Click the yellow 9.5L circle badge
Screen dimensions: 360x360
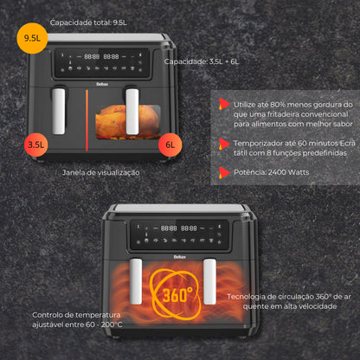(x=32, y=38)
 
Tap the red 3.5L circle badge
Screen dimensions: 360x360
(x=35, y=145)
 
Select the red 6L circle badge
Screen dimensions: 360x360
(x=170, y=145)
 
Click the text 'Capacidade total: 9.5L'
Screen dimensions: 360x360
(x=88, y=22)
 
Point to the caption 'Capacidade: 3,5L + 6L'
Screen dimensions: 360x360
(x=202, y=61)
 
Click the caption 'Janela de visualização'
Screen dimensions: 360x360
(x=101, y=172)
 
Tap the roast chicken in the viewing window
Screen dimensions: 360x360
(x=128, y=122)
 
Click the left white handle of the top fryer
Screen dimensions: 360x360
(x=59, y=111)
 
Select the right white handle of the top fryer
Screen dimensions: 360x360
(x=132, y=112)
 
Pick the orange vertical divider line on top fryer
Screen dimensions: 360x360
(x=87, y=120)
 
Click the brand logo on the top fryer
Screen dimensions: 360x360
(x=102, y=84)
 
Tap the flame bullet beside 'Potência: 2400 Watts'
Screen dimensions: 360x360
(x=223, y=172)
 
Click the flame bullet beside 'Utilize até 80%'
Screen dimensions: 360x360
(x=223, y=104)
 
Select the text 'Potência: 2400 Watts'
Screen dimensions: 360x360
(x=271, y=172)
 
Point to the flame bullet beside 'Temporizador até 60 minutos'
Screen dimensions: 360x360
(x=223, y=144)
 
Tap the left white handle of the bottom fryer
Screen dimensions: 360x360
(x=136, y=281)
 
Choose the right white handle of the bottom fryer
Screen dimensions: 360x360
(x=209, y=281)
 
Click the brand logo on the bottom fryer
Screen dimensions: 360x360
(x=179, y=257)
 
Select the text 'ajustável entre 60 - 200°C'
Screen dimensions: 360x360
(x=77, y=325)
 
